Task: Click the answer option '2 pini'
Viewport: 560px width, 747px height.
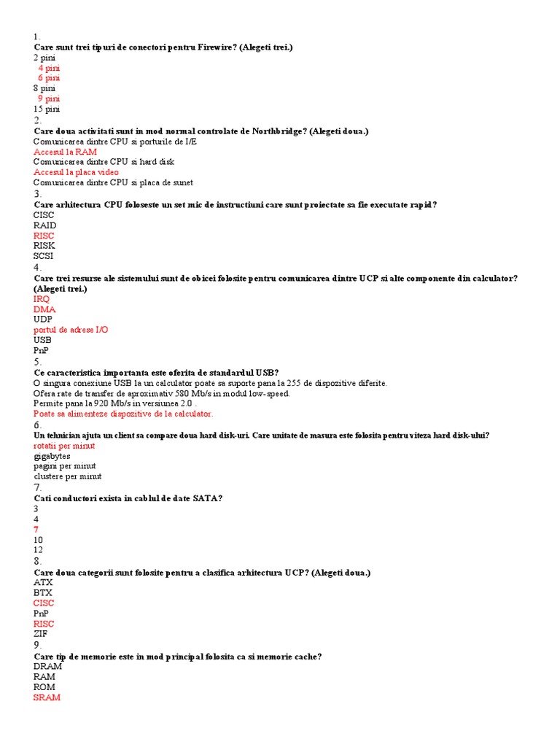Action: tap(44, 57)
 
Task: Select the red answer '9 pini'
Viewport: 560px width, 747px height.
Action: tap(49, 98)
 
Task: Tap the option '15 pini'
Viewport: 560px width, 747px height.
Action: tap(47, 109)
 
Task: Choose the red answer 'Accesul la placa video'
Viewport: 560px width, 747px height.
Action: tap(76, 172)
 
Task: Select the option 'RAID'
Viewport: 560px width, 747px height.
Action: tap(44, 225)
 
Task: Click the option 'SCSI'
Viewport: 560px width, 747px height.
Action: tap(43, 256)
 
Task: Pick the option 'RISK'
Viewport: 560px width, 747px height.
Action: tap(44, 246)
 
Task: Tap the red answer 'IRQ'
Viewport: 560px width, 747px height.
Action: tap(42, 299)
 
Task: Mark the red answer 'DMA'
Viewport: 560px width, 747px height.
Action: tap(44, 309)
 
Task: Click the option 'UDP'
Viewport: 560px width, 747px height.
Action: tap(43, 320)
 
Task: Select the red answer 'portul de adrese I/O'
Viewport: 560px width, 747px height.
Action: tap(71, 330)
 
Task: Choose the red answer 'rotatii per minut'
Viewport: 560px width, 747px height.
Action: tap(64, 446)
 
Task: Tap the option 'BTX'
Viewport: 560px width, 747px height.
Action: tap(43, 593)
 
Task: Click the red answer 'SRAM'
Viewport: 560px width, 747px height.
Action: tap(47, 697)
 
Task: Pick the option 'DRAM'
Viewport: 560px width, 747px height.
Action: tap(47, 667)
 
